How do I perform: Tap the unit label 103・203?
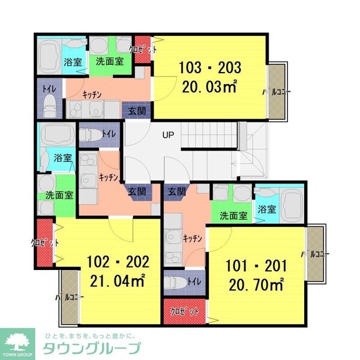pos(209,67)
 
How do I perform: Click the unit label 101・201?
pos(256,265)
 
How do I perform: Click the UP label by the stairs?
pos(168,135)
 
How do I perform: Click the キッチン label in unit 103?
pos(91,94)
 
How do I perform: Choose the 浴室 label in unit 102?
pos(62,158)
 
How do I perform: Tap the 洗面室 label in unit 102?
pos(59,195)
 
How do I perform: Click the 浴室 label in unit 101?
pos(266,209)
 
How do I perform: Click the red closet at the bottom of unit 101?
pos(184,311)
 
